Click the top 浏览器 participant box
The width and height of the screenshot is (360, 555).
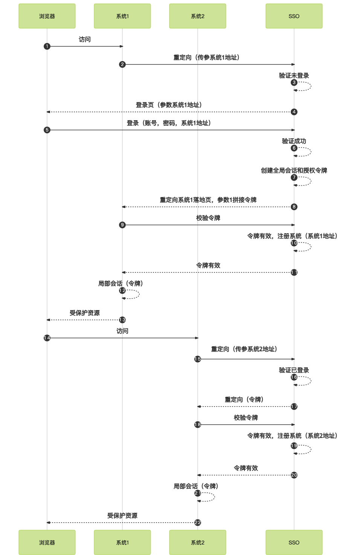pyautogui.click(x=47, y=16)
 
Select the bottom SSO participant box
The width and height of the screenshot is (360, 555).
pyautogui.click(x=294, y=542)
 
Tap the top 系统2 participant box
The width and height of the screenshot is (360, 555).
pyautogui.click(x=198, y=16)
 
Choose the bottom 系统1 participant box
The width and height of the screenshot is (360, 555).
pyautogui.click(x=122, y=542)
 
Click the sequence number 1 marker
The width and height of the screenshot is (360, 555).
pyautogui.click(x=47, y=46)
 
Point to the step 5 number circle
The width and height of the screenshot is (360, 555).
pyautogui.click(x=47, y=130)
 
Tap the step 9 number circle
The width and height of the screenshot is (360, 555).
pyautogui.click(x=122, y=225)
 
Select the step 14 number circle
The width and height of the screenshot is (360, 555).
pyautogui.click(x=47, y=338)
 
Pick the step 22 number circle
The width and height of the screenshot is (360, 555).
pyautogui.click(x=198, y=523)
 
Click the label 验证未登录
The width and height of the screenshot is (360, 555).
pyautogui.click(x=294, y=76)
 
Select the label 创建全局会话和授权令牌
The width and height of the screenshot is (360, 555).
pyautogui.click(x=294, y=171)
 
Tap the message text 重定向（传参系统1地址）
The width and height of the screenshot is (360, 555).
pyautogui.click(x=206, y=58)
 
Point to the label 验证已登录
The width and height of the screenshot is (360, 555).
pyautogui.click(x=294, y=370)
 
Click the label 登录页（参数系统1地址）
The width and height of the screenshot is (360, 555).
pyautogui.click(x=169, y=105)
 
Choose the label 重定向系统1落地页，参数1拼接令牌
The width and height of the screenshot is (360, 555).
pyautogui.click(x=208, y=200)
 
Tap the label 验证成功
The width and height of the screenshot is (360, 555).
pyautogui.click(x=294, y=141)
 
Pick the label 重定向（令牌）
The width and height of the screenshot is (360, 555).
pyautogui.click(x=244, y=400)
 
